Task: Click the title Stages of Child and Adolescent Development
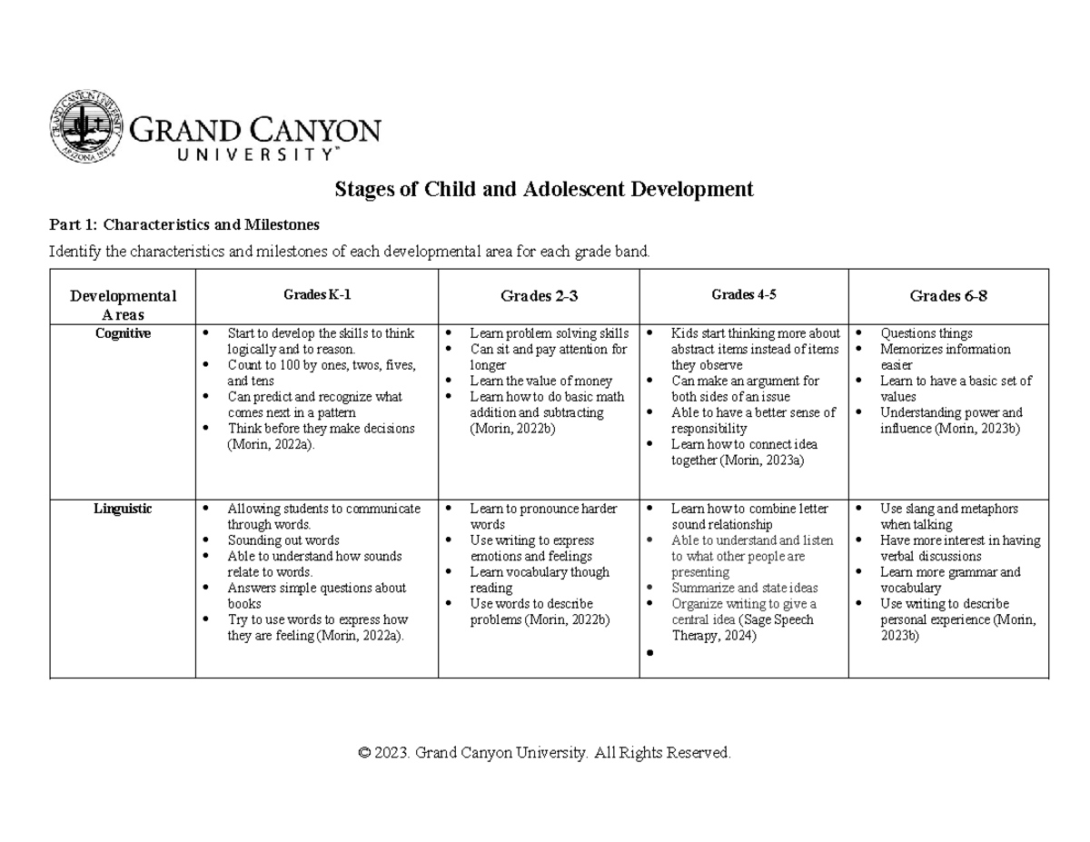click(x=544, y=189)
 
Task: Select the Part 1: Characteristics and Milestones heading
click(x=183, y=224)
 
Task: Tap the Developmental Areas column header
click(x=123, y=305)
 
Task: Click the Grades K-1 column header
click(x=316, y=294)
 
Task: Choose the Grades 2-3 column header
click(x=539, y=296)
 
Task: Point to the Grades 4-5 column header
click(x=743, y=294)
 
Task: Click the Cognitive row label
click(x=123, y=333)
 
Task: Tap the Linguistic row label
click(x=123, y=509)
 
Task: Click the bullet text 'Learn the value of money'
click(x=540, y=381)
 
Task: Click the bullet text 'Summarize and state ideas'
click(x=744, y=588)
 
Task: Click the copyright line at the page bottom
click(x=544, y=753)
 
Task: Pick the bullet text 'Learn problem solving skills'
click(x=549, y=333)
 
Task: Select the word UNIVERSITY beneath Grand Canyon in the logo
click(x=233, y=154)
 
